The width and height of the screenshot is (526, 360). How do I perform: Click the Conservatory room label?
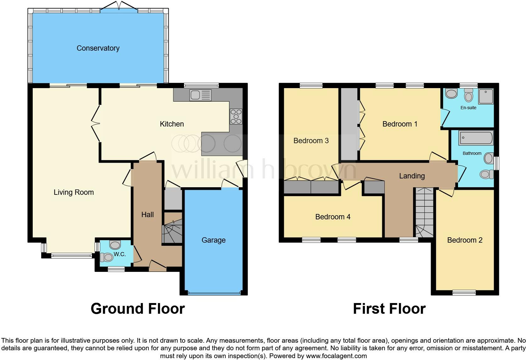pyautogui.click(x=98, y=48)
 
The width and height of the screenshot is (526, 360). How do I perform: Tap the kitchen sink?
pyautogui.click(x=200, y=95)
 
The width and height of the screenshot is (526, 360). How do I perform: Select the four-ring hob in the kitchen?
pyautogui.click(x=236, y=116)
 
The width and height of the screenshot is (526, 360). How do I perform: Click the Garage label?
pyautogui.click(x=213, y=240)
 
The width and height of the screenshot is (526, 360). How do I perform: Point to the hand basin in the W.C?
pyautogui.click(x=115, y=244)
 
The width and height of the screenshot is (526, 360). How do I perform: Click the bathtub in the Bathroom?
pyautogui.click(x=476, y=138)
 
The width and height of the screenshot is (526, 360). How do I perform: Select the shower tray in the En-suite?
pyautogui.click(x=486, y=96)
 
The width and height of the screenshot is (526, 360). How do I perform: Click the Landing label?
pyautogui.click(x=412, y=176)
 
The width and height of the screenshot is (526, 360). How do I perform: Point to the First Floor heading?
pyautogui.click(x=389, y=309)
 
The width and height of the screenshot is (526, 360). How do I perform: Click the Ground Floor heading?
pyautogui.click(x=137, y=309)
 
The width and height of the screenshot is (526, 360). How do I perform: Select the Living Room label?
pyautogui.click(x=74, y=192)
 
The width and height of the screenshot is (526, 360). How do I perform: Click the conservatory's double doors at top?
pyautogui.click(x=119, y=7)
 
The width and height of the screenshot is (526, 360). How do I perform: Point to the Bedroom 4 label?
pyautogui.click(x=333, y=217)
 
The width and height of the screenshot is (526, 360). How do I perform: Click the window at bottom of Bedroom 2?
pyautogui.click(x=464, y=293)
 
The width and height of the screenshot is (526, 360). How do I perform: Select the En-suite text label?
pyautogui.click(x=468, y=108)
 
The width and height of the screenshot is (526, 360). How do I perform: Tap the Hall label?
pyautogui.click(x=147, y=215)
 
